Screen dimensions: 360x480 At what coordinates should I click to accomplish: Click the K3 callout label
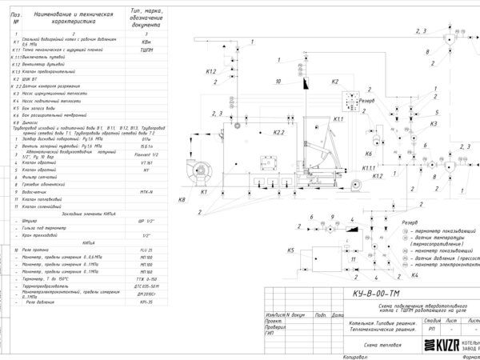coord(433,124)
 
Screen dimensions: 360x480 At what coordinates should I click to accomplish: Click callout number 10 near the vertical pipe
coord(278,82)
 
